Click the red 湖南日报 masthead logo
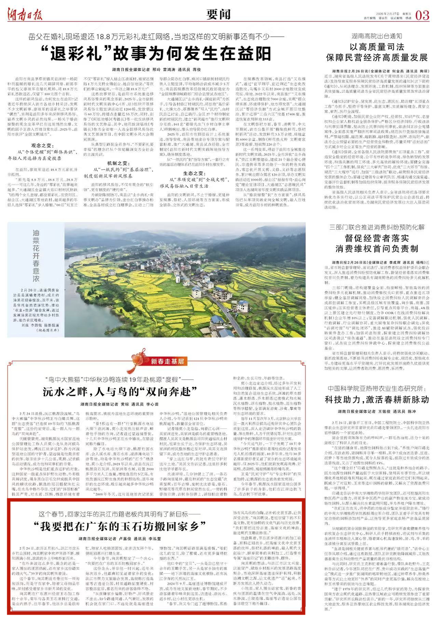(x=25, y=14)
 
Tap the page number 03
(x=422, y=15)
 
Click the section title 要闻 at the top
(x=218, y=15)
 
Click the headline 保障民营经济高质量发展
(x=377, y=57)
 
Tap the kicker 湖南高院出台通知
(x=377, y=36)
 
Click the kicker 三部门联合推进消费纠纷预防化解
(x=377, y=227)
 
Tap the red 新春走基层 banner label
(x=168, y=361)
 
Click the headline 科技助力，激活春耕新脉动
(x=377, y=399)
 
